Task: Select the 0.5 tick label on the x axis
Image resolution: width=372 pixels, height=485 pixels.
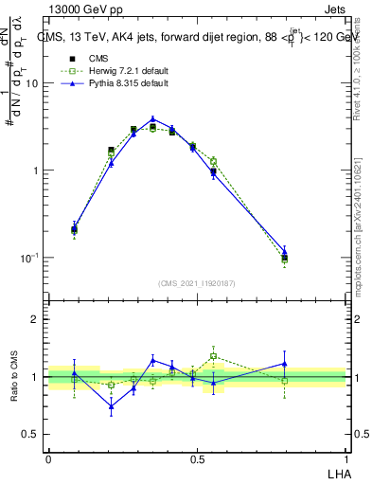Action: point(197,458)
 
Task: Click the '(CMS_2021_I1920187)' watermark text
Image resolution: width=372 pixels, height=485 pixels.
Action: point(197,283)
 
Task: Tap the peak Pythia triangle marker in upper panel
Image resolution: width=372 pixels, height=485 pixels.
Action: point(152,120)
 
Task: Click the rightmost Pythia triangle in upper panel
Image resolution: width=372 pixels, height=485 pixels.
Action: point(284,252)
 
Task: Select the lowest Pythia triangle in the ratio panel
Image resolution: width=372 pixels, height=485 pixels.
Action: point(111,407)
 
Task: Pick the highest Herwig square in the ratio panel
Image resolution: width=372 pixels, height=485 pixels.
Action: point(213,357)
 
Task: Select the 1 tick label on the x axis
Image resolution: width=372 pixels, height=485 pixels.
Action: point(346,458)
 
